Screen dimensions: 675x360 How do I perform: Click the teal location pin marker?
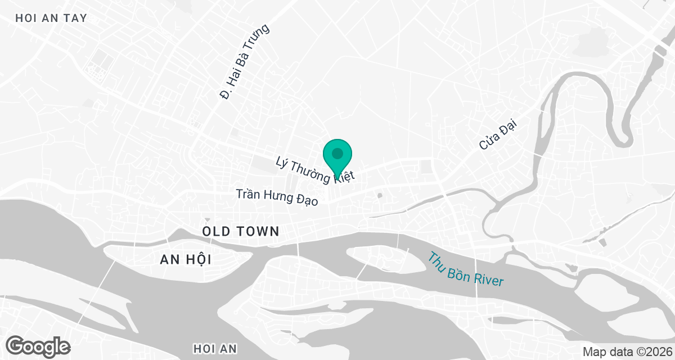point(337,157)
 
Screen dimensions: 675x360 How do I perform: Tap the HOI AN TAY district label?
point(52,18)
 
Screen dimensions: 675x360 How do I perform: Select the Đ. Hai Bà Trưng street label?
point(245,62)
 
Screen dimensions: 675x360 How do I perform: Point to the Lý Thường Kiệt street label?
point(316,170)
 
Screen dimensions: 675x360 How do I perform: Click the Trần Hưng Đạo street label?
point(277,197)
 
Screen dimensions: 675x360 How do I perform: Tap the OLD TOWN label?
point(241,231)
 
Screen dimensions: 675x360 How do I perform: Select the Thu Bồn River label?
point(466,269)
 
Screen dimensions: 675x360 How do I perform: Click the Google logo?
point(38,346)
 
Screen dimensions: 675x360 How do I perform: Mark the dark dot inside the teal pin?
point(337,153)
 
